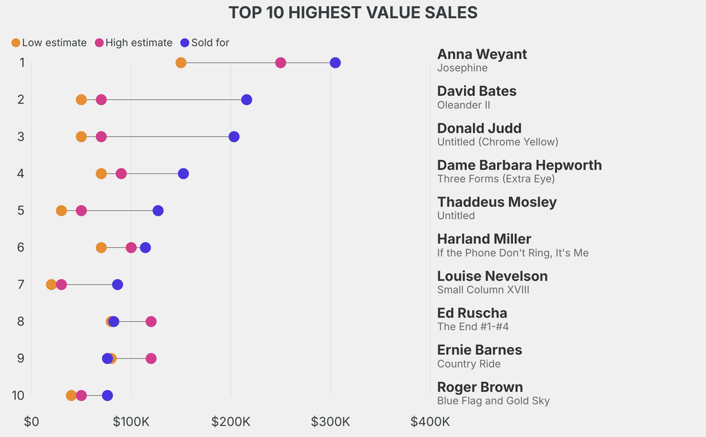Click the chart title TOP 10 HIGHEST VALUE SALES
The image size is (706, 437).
coord(353,12)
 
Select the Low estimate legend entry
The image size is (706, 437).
coord(49,43)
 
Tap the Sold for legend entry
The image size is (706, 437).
coord(205,43)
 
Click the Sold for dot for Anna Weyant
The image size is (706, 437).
coord(335,63)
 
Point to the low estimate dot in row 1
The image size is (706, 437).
coord(181,63)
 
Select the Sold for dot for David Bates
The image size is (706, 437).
coord(247,100)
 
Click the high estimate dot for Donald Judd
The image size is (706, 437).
coord(101,136)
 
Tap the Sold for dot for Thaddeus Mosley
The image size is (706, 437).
coord(158,210)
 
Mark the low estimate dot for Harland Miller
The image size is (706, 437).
coord(101,247)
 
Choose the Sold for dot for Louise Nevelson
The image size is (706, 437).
coord(118,285)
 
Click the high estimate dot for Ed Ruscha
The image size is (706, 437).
coord(151,321)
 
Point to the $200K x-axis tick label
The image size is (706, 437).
coord(230,422)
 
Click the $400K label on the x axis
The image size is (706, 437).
coord(430,422)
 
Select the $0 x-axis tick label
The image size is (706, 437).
coord(32,422)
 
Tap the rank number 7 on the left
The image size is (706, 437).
coord(21,285)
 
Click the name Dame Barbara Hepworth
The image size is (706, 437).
coord(519,165)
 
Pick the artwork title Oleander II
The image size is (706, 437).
coord(463,105)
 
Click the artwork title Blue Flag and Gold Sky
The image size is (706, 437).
coord(493,400)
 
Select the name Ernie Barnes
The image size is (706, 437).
coord(479,350)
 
